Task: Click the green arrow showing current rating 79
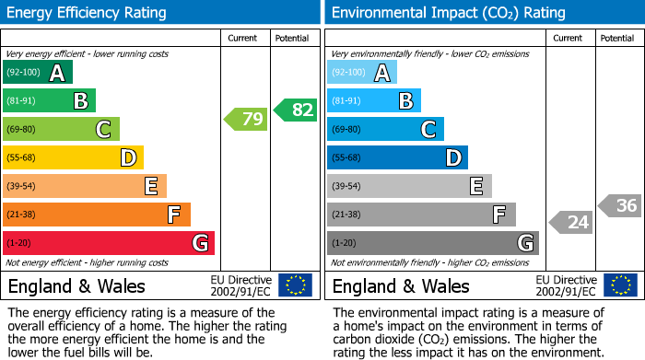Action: [247, 119]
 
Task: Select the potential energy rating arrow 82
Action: [295, 110]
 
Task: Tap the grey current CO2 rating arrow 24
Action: [571, 222]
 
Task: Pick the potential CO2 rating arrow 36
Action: [620, 205]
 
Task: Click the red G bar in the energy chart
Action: [109, 243]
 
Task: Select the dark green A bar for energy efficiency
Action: [37, 72]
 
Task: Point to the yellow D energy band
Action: [73, 157]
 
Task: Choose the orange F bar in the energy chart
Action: [97, 215]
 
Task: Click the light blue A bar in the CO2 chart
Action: [362, 72]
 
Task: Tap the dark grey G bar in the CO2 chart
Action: [433, 243]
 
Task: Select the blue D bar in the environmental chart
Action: [397, 157]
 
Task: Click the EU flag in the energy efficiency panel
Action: [296, 285]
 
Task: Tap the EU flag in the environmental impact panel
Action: [620, 285]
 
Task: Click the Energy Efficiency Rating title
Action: [88, 13]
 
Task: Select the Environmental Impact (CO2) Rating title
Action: [448, 13]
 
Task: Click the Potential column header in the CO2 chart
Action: [617, 38]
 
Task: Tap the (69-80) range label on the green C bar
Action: [22, 129]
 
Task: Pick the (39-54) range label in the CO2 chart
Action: [346, 186]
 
